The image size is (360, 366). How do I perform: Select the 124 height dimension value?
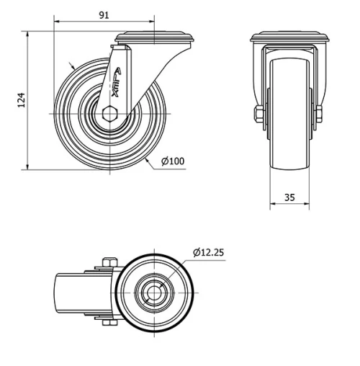[21, 100]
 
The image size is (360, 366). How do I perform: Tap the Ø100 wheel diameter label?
[174, 161]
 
